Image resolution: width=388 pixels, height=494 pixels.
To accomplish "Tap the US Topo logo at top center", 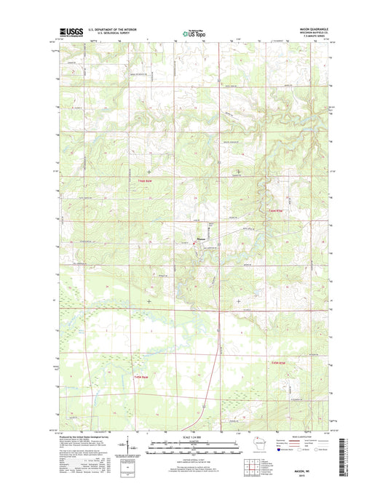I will pos(193,33).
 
